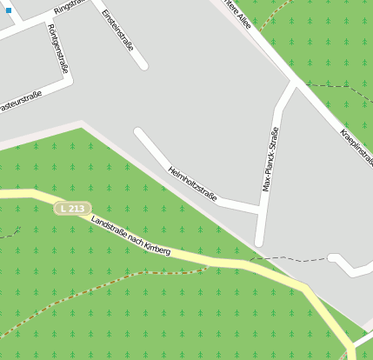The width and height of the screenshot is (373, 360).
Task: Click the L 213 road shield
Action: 72,209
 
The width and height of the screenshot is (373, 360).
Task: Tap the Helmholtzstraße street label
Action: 192,183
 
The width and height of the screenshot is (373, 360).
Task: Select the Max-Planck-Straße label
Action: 271,159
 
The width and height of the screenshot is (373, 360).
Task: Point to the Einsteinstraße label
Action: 118,30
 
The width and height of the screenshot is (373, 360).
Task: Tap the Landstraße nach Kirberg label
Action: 130,237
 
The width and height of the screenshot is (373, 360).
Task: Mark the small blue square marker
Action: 9,10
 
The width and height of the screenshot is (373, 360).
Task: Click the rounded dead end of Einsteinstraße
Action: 143,64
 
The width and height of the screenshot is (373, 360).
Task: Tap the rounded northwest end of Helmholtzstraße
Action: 138,132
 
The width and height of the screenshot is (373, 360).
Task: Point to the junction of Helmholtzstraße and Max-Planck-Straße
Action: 260,208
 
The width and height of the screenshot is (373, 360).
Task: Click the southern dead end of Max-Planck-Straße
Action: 259,242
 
